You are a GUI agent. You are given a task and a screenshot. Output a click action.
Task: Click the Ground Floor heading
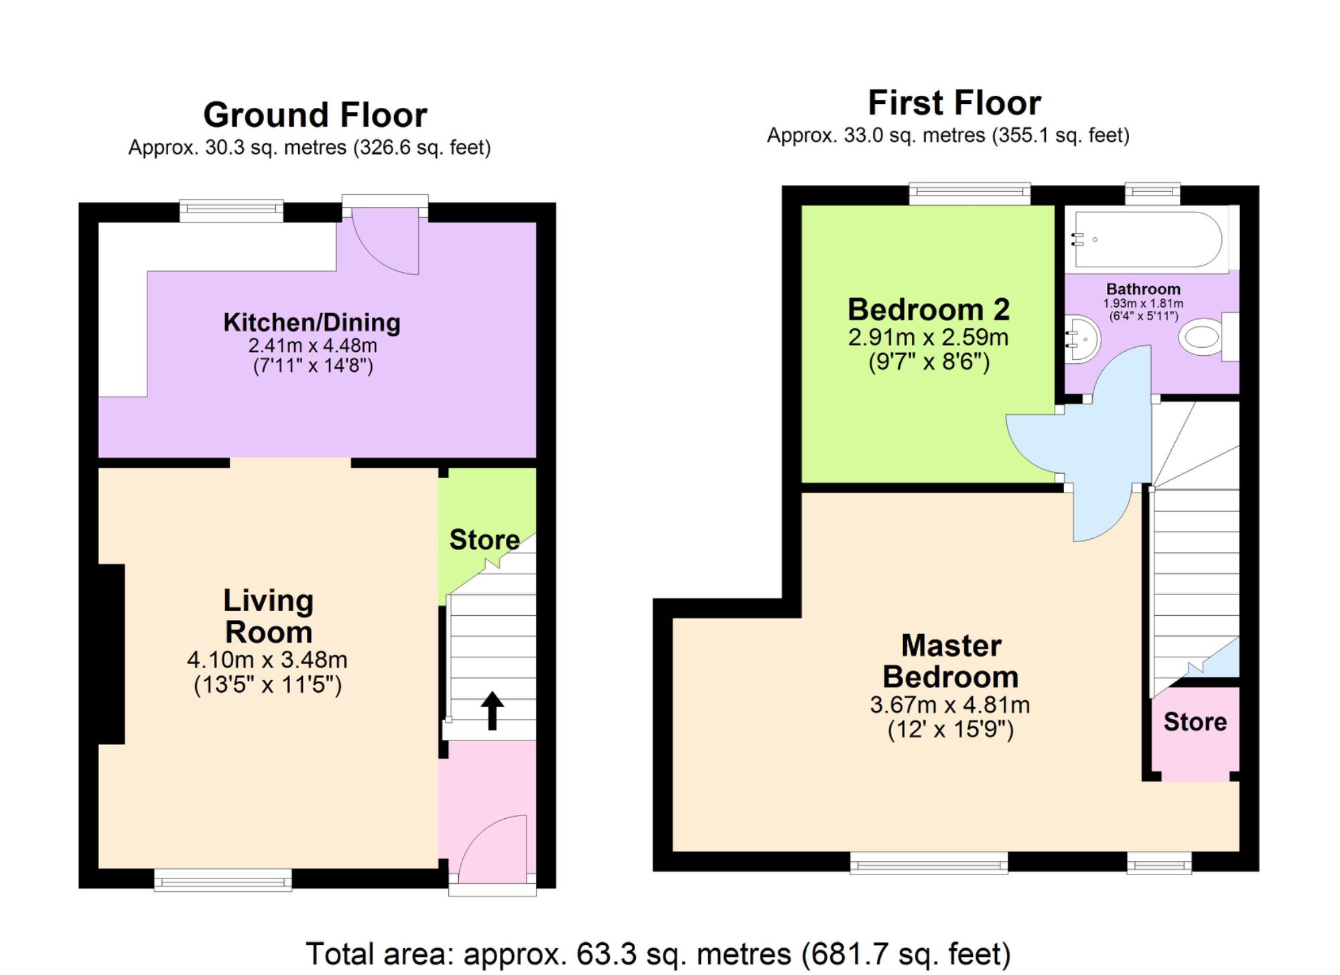click(x=315, y=115)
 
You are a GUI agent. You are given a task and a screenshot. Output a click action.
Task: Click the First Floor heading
click(x=954, y=103)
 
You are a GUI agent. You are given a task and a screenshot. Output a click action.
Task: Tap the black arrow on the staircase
click(x=492, y=710)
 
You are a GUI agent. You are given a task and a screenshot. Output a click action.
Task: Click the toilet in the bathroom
click(x=1203, y=337)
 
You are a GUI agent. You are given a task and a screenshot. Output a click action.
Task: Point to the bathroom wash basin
click(x=1082, y=339)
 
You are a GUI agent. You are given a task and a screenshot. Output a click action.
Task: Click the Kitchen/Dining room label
click(x=312, y=322)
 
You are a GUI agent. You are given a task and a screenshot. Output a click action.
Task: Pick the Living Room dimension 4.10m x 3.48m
click(x=267, y=660)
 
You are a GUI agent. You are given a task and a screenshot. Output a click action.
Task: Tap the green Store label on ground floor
click(x=484, y=539)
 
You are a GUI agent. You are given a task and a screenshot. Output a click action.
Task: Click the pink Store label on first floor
click(x=1195, y=722)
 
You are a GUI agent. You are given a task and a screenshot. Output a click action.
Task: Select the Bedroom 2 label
click(x=928, y=310)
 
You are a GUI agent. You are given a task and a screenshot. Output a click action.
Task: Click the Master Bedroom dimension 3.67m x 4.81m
click(x=949, y=705)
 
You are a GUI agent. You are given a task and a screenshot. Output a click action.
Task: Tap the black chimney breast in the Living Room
click(x=111, y=654)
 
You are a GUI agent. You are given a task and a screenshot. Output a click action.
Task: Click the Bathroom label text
click(x=1143, y=289)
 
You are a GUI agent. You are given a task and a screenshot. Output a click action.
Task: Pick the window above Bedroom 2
click(x=969, y=194)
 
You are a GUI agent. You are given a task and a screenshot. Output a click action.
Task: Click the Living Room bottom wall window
click(x=222, y=880)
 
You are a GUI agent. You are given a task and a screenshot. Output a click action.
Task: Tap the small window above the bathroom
click(x=1152, y=194)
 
